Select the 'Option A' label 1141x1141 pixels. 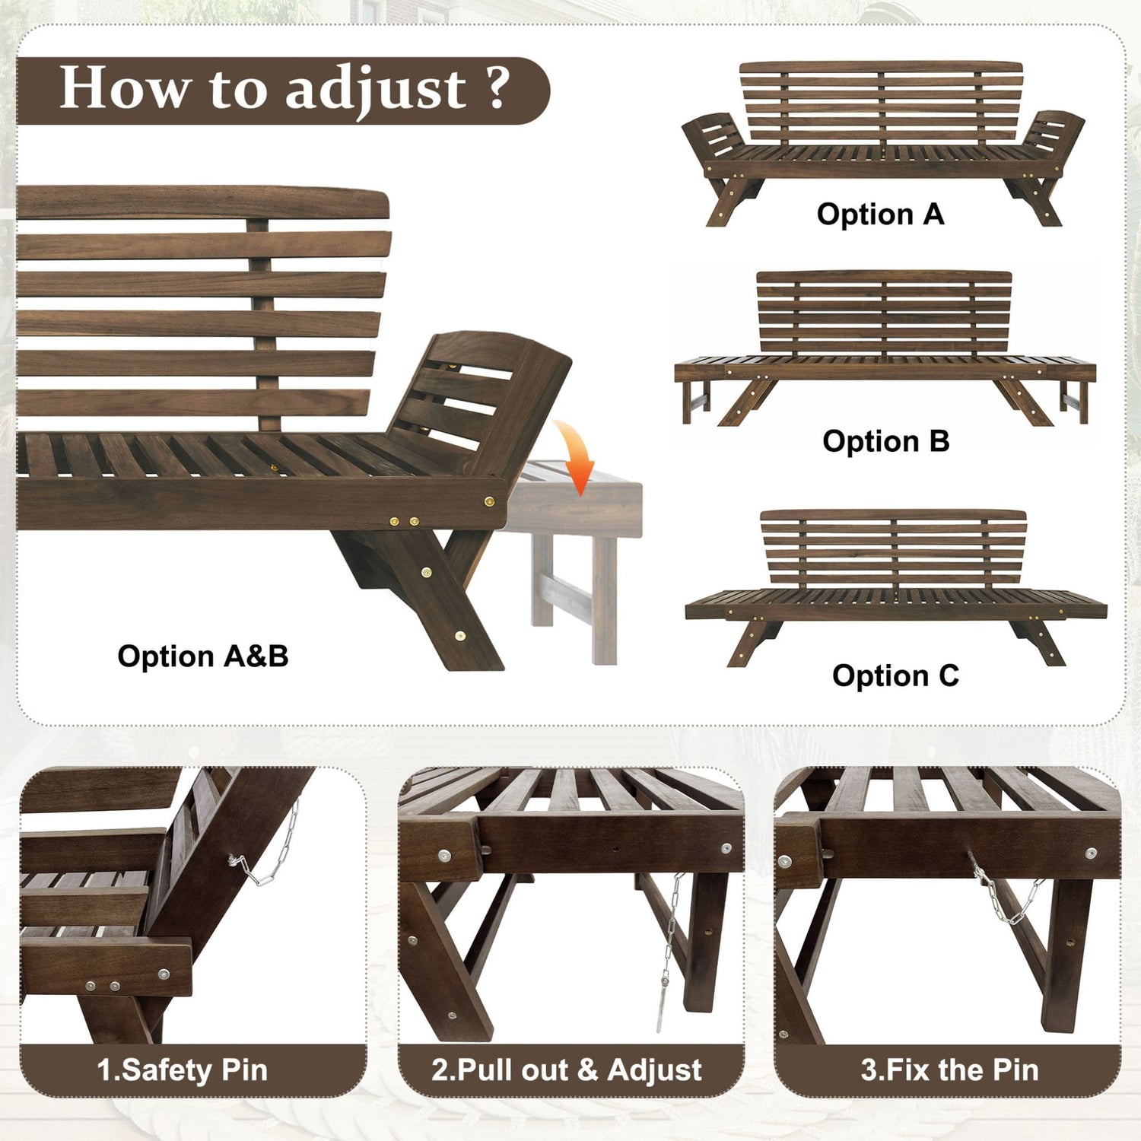(x=880, y=215)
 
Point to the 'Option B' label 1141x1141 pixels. (x=885, y=441)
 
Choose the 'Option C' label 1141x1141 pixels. (x=895, y=675)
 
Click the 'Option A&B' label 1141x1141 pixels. (x=203, y=656)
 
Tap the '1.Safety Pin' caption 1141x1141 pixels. (x=183, y=1070)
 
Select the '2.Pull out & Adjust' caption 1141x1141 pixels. (x=567, y=1070)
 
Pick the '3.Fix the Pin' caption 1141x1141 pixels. (x=949, y=1070)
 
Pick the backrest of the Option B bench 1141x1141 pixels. (x=885, y=312)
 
